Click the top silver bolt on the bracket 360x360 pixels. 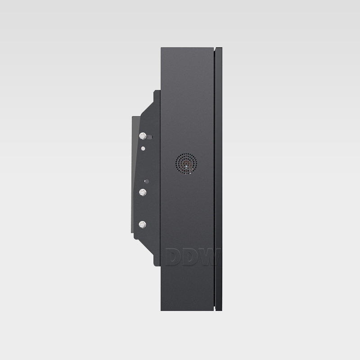tap(143, 136)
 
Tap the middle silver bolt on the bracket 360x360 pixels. tap(143, 193)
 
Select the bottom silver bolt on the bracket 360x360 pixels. tap(143, 225)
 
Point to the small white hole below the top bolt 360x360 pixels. tap(143, 148)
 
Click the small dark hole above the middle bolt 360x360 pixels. tap(147, 181)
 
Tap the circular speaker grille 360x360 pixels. tap(186, 164)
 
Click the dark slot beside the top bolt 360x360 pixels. tap(149, 137)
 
